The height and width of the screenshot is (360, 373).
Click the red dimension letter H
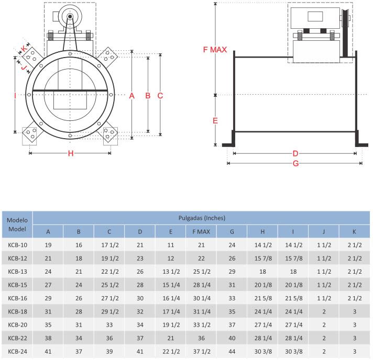[70, 153]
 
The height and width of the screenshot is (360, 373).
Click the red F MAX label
[215, 50]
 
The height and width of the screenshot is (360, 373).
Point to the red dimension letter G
[295, 163]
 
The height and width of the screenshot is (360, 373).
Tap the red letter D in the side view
[295, 153]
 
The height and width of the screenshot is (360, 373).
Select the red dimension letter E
[215, 121]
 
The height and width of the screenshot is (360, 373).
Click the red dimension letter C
[161, 95]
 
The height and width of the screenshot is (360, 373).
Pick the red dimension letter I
[15, 95]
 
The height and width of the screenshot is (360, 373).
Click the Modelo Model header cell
[17, 225]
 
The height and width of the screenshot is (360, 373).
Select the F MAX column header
[201, 232]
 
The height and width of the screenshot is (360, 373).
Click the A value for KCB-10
[48, 245]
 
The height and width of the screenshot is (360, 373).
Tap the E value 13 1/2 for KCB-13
[171, 271]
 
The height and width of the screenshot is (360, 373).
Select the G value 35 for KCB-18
[232, 311]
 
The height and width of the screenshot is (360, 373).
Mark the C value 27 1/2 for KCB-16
[109, 298]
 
